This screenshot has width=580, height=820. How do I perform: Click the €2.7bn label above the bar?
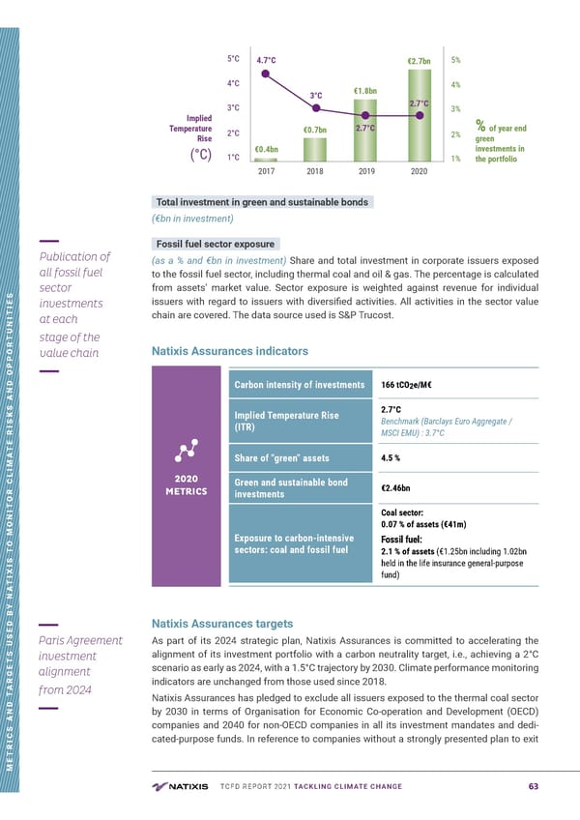[419, 61]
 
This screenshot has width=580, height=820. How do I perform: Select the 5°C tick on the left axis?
[233, 59]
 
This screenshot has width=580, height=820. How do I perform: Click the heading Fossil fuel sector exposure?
[217, 244]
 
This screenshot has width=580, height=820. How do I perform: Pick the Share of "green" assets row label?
[282, 457]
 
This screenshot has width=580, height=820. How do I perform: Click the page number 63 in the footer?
[534, 784]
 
